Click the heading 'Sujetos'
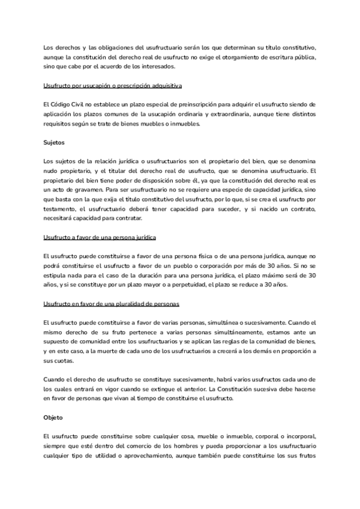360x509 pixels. click(55, 143)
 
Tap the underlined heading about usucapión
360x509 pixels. click(113, 85)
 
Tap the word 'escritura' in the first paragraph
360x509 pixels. click(270, 56)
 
